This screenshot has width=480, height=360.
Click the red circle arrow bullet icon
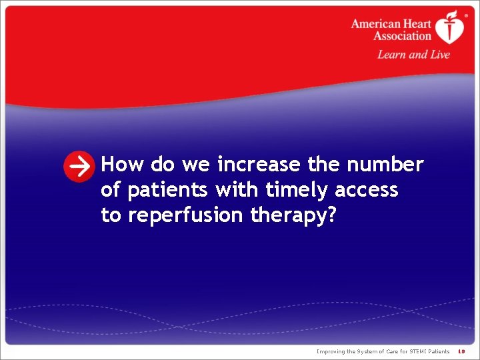pos(79,167)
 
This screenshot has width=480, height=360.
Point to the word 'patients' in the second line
pos(169,190)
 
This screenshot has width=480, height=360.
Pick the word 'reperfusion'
pos(181,216)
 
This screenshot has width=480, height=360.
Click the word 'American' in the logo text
pos(375,24)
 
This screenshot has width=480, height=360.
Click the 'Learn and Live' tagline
pos(413,55)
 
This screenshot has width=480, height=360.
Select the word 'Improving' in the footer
pos(331,351)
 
